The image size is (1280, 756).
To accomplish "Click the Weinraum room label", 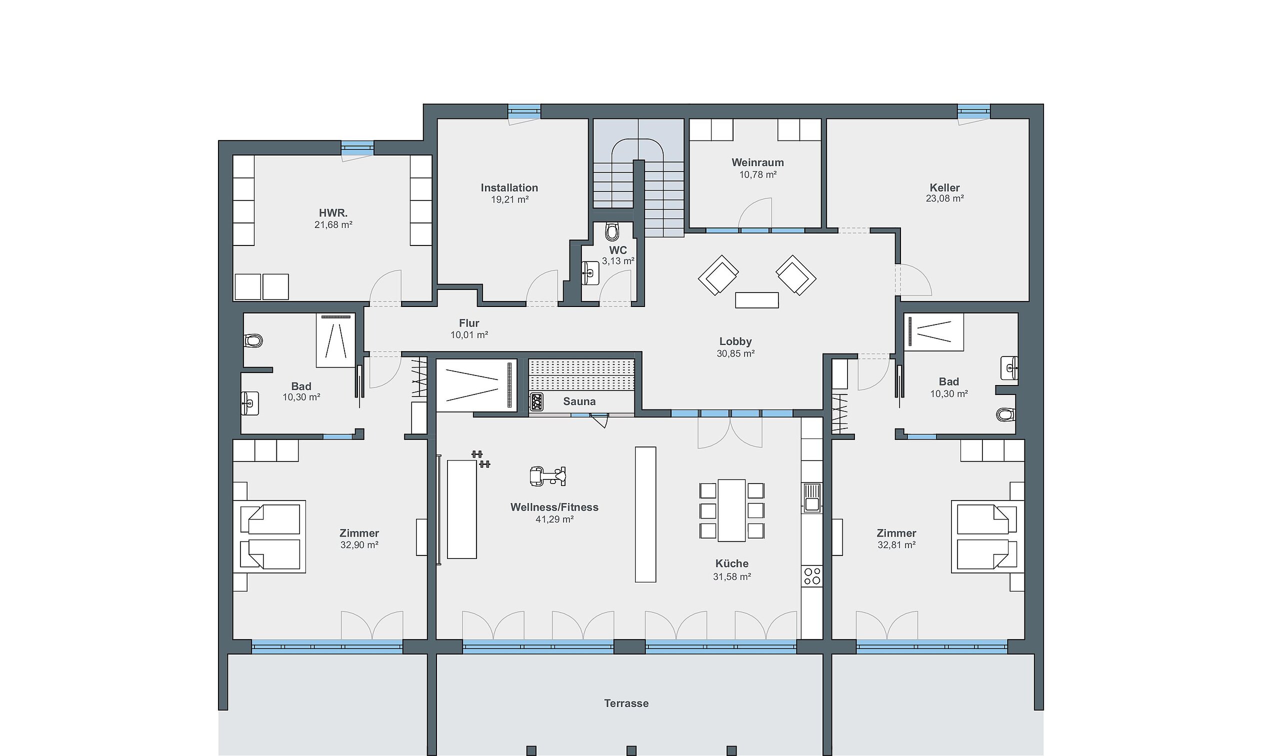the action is [757, 162].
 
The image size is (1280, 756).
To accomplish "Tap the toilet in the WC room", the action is [611, 232].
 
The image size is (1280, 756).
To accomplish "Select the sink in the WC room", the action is [590, 273].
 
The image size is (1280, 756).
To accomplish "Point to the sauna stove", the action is [536, 402].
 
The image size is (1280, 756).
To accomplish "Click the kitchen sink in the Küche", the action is [811, 497].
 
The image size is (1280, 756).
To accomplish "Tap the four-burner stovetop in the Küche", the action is [812, 576].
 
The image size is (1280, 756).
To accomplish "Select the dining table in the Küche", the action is [731, 510].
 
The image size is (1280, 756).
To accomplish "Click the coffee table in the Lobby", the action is [757, 300].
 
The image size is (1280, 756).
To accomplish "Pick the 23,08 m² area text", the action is [944, 198].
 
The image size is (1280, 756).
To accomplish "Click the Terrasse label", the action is [626, 703].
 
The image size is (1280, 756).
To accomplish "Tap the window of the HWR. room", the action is [357, 148].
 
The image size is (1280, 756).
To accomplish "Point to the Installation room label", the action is [509, 187].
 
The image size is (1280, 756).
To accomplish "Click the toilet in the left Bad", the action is [253, 340].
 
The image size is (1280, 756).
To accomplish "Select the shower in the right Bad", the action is [934, 332].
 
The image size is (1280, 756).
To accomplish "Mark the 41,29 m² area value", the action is [554, 519].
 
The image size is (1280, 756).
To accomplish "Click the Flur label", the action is [469, 323].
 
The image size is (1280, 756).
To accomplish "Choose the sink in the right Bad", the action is [1009, 368].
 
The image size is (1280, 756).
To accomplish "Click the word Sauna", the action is [579, 401].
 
